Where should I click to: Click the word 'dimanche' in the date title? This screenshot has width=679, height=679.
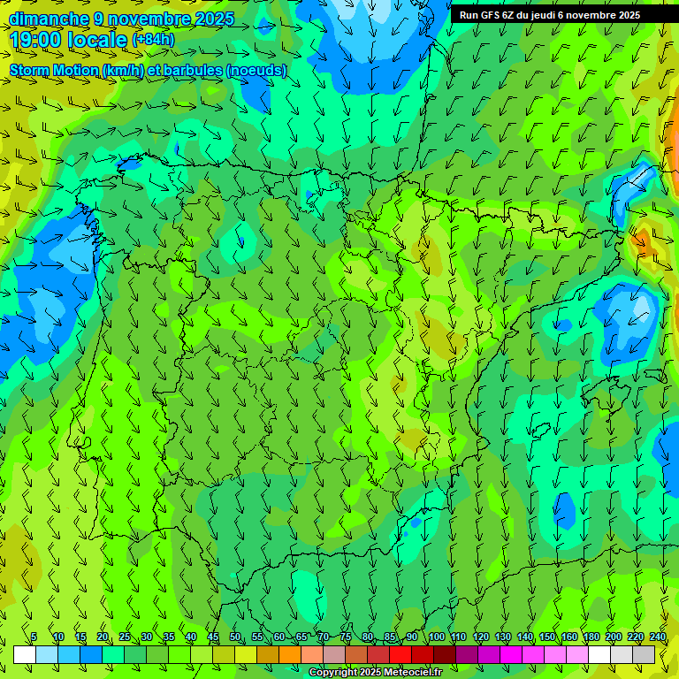pyautogui.click(x=49, y=19)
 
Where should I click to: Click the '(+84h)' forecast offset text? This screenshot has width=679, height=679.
pyautogui.click(x=153, y=41)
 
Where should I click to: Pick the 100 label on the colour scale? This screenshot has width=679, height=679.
pyautogui.click(x=437, y=637)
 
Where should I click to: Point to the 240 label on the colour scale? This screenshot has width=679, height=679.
pyautogui.click(x=658, y=637)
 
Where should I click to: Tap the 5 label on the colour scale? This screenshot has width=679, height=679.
pyautogui.click(x=34, y=637)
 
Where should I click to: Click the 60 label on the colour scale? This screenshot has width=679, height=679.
pyautogui.click(x=279, y=637)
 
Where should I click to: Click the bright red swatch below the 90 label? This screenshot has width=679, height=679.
pyautogui.click(x=401, y=654)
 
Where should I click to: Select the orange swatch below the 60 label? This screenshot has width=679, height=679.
pyautogui.click(x=290, y=654)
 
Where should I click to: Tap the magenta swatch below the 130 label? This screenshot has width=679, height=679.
pyautogui.click(x=511, y=654)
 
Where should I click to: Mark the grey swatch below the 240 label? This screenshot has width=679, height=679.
pyautogui.click(x=644, y=654)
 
